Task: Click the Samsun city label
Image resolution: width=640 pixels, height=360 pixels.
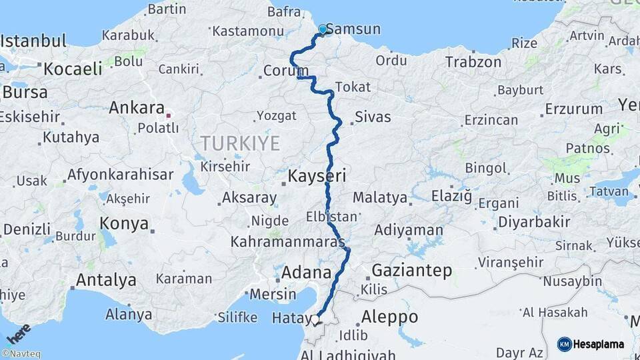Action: pyautogui.click(x=354, y=29)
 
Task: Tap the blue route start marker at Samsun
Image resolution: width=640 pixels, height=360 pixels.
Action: pyautogui.click(x=323, y=29)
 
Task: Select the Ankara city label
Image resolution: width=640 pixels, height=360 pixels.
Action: pyautogui.click(x=136, y=107)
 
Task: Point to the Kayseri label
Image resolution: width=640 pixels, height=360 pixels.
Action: pyautogui.click(x=317, y=177)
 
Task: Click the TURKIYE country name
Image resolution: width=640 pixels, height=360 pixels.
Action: pyautogui.click(x=240, y=142)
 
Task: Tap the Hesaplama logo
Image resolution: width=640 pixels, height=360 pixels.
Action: pyautogui.click(x=591, y=344)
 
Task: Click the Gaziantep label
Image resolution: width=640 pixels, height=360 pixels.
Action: pyautogui.click(x=412, y=271)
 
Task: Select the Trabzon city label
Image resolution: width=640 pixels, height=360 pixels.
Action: pyautogui.click(x=473, y=62)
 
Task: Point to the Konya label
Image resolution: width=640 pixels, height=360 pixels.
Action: pyautogui.click(x=124, y=223)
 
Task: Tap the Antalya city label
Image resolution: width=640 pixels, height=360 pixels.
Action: pyautogui.click(x=106, y=280)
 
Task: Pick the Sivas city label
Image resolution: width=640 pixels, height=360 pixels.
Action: pyautogui.click(x=373, y=117)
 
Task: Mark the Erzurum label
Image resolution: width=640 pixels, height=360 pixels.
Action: pyautogui.click(x=573, y=109)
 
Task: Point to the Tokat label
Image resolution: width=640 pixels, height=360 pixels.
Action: pyautogui.click(x=353, y=87)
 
